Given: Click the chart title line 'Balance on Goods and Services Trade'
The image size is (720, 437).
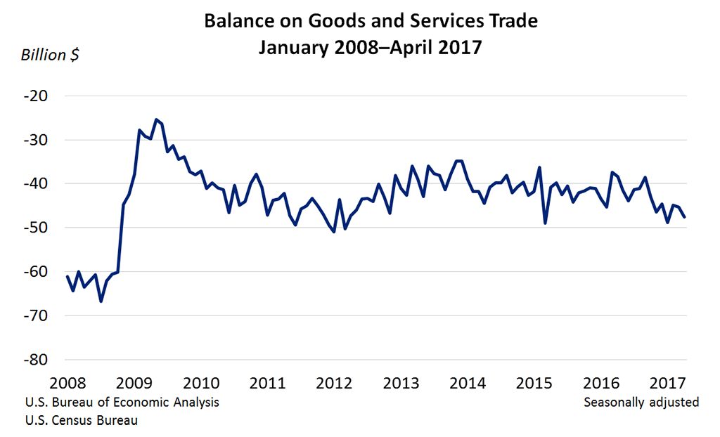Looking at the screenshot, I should coord(371,21).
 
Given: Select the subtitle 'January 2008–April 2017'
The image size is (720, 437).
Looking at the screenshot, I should coord(371,48).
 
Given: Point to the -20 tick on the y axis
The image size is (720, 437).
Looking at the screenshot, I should coord(36,96).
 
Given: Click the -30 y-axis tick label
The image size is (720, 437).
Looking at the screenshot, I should coord(36,140).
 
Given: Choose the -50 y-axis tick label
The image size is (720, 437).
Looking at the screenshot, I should coord(36,228).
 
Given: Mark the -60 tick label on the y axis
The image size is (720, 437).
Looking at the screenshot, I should coord(36,272).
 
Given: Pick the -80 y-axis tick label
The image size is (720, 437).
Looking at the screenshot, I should coord(36,360).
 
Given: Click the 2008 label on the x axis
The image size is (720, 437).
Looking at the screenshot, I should coord(67,383).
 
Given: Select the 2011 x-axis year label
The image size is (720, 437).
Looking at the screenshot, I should coord(267,383).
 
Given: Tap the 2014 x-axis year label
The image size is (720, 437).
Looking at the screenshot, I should coord(467,383).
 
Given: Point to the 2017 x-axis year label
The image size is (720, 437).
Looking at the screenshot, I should coord(667,383).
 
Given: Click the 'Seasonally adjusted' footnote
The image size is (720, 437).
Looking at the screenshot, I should coord(641,403).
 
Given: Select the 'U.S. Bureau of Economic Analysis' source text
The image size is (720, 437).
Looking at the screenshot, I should coord(122,403).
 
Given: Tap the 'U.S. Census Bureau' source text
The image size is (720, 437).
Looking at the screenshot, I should coord(81,421).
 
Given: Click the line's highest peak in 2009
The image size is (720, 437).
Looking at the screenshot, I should coord(156,119).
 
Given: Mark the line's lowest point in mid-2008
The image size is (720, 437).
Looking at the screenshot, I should coord(101,301).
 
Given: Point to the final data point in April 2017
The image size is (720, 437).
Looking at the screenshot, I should coord(685,216).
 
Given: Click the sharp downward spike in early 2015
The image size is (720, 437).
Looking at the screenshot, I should coord(545,223).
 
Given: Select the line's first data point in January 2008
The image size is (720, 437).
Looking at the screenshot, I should coord(67,276).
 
